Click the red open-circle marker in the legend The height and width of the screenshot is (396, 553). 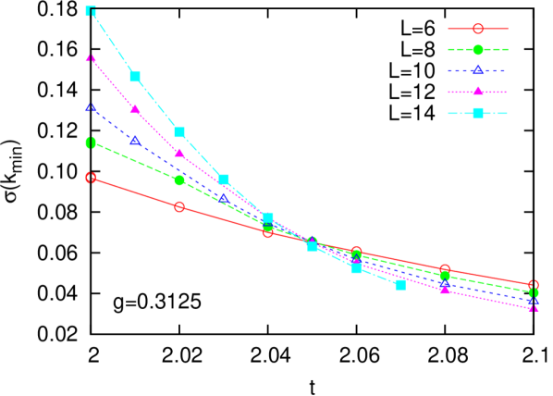point(477,29)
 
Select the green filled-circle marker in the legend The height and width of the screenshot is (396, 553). point(477,50)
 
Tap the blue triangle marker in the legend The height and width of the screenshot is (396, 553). point(477,70)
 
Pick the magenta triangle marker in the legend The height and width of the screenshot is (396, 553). point(477,92)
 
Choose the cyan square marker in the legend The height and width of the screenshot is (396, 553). point(477,113)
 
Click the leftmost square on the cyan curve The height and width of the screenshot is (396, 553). point(91,11)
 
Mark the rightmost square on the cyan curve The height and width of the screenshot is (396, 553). point(400,285)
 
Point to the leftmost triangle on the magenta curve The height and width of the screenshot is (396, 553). point(91,58)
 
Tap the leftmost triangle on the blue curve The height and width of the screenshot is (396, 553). point(91,107)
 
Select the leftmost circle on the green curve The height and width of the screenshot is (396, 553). point(91,142)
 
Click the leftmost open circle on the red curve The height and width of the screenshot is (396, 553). point(91,178)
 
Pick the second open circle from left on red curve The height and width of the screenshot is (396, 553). point(179,206)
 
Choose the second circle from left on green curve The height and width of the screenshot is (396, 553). point(179,180)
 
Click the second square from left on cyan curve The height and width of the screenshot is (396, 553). point(135,76)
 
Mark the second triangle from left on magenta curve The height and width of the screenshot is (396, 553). point(135,109)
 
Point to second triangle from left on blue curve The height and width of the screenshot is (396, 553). point(135,141)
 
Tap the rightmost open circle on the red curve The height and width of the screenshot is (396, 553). point(534,285)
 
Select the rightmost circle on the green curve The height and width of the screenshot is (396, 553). point(534,292)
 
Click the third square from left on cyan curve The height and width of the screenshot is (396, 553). point(179,131)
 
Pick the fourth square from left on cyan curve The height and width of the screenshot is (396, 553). point(224,179)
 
